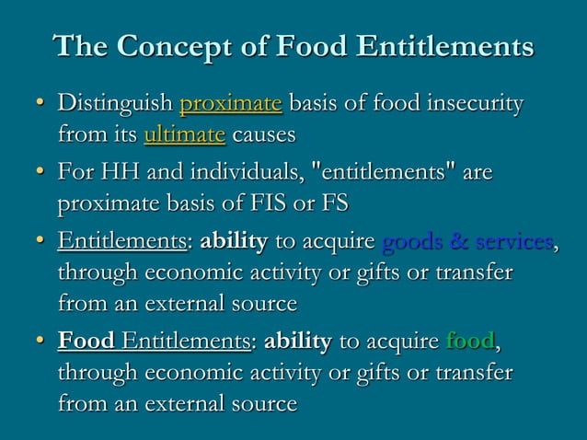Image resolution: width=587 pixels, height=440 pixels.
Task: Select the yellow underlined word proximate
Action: click(230, 103)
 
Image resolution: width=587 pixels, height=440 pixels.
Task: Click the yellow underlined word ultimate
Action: click(184, 136)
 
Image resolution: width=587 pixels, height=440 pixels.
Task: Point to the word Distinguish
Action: click(115, 103)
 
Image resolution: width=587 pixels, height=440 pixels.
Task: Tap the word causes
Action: click(264, 136)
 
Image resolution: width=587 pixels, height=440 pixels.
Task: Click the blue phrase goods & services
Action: click(466, 242)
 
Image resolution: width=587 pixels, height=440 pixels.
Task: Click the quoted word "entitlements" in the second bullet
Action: click(386, 172)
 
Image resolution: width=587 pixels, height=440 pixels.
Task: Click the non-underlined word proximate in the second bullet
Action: click(107, 204)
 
